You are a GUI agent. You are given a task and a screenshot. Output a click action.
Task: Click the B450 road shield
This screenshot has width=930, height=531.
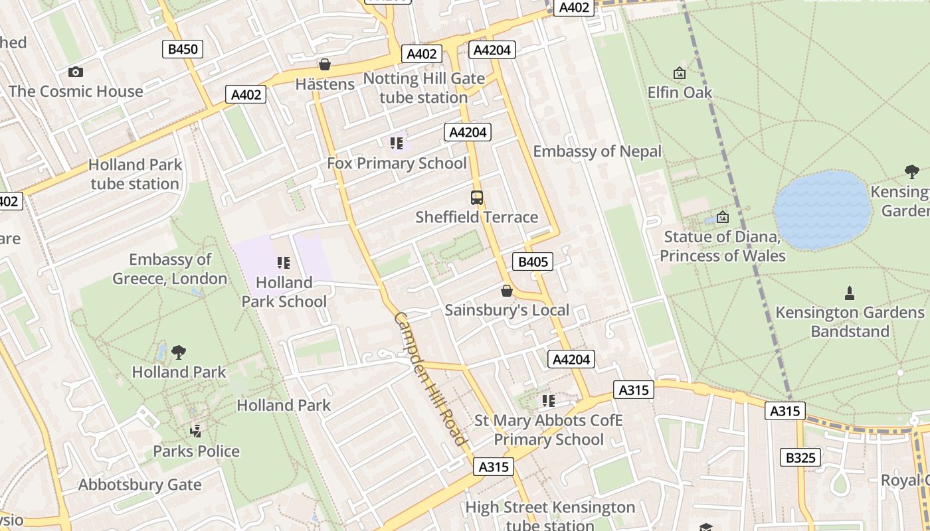click(182, 48)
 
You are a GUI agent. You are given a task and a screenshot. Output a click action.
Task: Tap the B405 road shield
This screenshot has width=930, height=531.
click(533, 262)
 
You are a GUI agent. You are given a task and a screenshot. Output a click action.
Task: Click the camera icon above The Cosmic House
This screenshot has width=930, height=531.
click(76, 72)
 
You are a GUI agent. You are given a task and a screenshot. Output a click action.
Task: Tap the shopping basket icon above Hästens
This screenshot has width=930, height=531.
click(325, 64)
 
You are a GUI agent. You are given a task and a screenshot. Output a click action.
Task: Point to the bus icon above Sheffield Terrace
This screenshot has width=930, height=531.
click(477, 197)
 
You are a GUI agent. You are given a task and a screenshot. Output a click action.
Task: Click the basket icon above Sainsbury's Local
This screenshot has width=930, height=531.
click(507, 291)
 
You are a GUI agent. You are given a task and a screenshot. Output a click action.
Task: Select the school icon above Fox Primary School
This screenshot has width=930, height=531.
click(397, 143)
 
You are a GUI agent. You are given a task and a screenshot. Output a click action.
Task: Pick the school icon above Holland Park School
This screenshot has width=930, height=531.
click(284, 263)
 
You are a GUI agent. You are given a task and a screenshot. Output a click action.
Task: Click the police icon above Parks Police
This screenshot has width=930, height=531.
click(196, 431)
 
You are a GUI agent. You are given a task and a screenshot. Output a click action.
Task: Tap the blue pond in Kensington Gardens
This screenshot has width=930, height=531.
click(822, 210)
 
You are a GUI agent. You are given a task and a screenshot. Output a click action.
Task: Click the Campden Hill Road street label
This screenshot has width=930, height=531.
click(431, 379)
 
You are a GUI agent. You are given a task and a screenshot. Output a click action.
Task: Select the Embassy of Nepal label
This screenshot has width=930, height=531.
click(597, 151)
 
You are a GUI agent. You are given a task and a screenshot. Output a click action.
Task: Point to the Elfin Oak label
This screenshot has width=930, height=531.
click(680, 92)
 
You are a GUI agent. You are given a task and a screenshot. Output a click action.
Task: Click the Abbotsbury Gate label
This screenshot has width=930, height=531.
click(139, 485)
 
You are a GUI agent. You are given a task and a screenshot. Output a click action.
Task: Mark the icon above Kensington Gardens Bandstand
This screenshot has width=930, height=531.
click(849, 293)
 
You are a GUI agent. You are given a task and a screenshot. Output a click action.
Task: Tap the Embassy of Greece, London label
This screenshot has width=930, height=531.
click(170, 269)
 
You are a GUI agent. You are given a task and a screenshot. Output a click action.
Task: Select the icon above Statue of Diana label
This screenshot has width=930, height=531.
click(723, 217)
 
